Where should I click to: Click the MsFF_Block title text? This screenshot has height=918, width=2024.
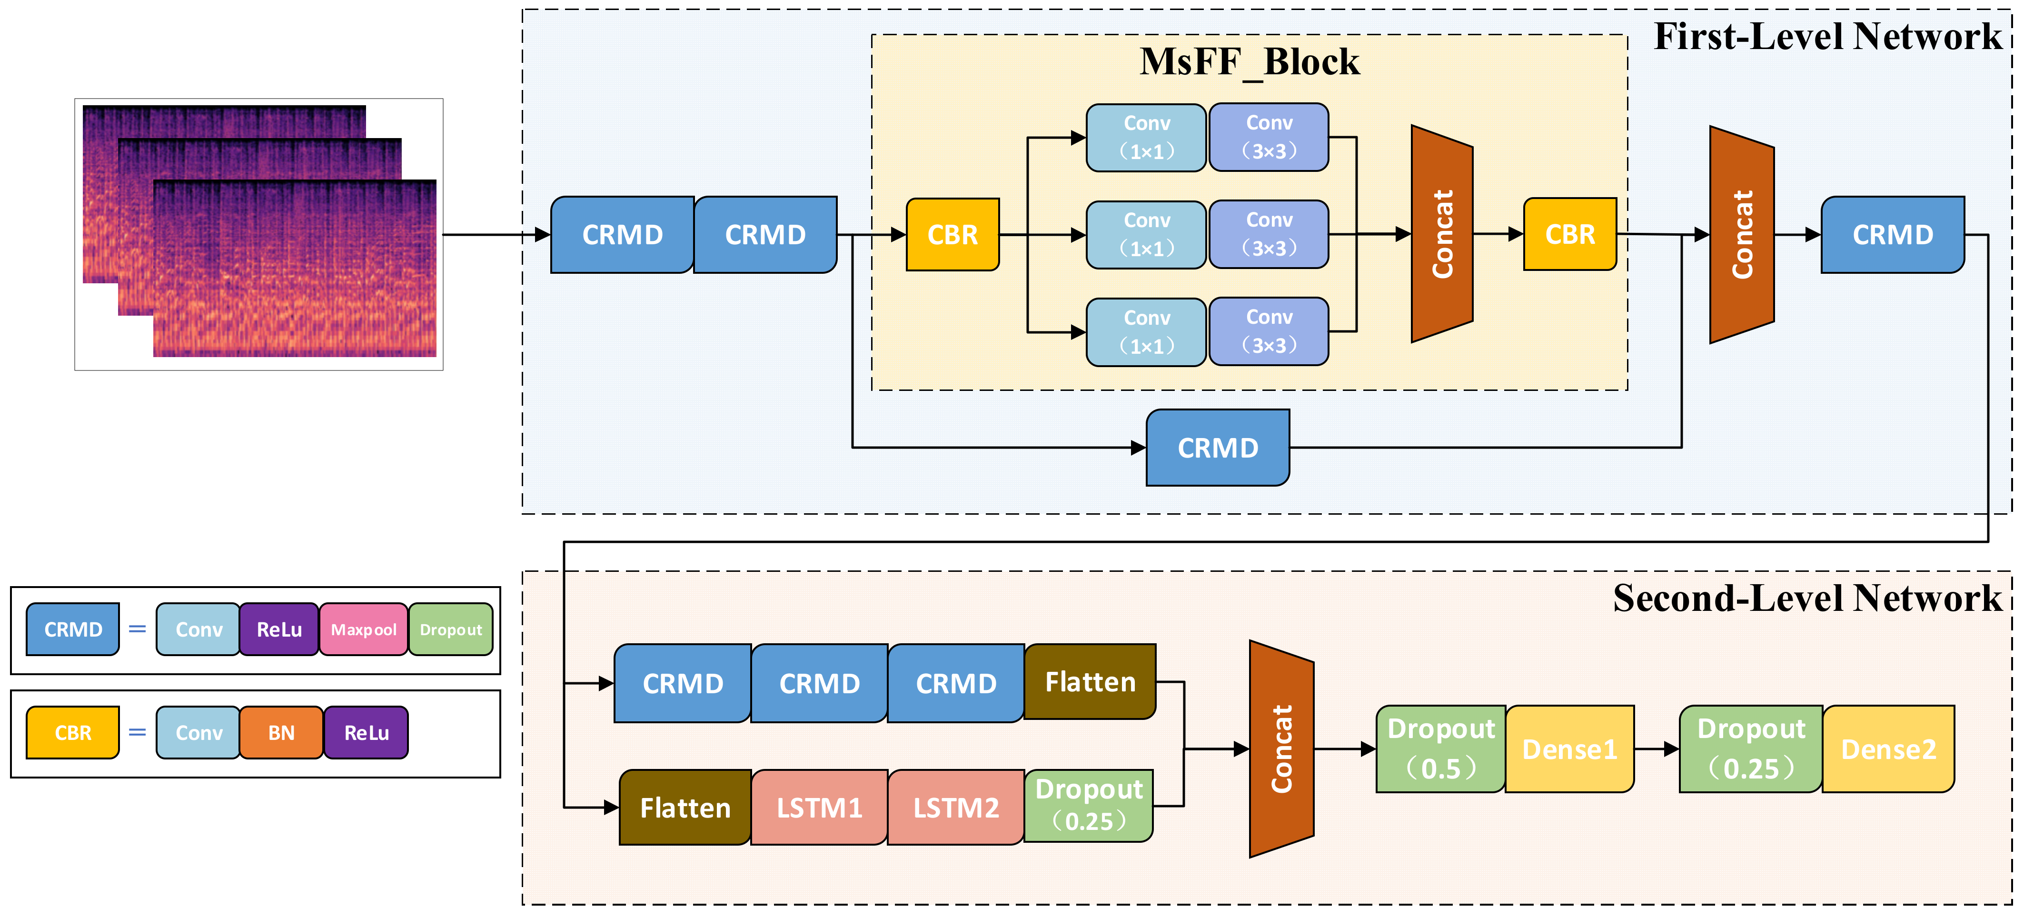pos(1249,61)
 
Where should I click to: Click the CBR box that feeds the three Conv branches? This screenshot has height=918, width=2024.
pos(952,234)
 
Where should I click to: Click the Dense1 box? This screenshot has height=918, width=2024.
pos(1569,749)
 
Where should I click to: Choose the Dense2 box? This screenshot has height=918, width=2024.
pos(1888,749)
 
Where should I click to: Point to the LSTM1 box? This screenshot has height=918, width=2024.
pos(819,807)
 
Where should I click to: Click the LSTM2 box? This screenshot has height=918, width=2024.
pos(955,807)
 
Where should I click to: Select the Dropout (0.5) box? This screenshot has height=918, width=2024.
pos(1440,749)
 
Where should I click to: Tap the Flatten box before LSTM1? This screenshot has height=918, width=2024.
pos(685,807)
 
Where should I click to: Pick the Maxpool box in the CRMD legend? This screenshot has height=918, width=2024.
pos(363,629)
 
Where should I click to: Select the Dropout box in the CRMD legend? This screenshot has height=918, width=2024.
pos(450,629)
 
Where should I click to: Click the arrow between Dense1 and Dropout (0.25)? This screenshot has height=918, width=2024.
pos(1657,749)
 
